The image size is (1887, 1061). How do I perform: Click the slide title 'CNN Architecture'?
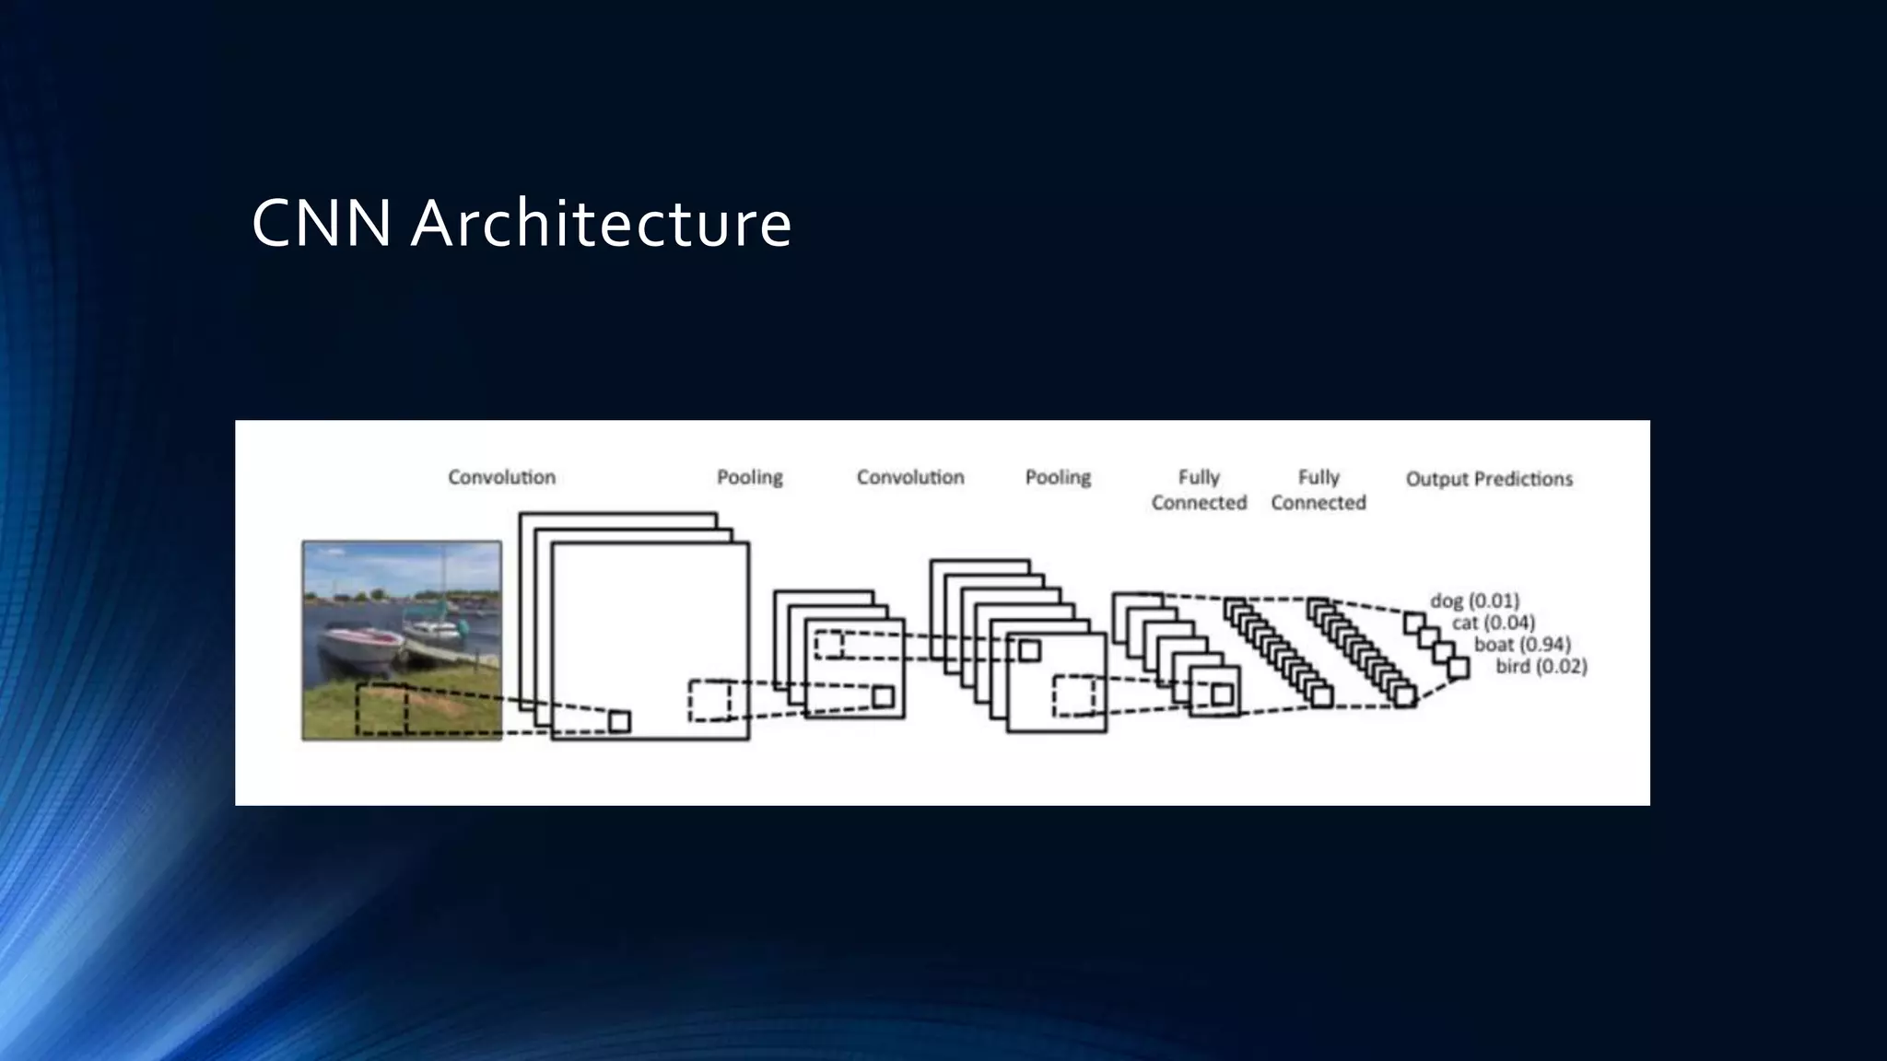point(522,223)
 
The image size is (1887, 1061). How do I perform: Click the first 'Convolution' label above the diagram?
point(502,477)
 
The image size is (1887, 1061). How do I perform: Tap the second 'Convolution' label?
point(910,477)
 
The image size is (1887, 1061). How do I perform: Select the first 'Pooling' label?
point(750,477)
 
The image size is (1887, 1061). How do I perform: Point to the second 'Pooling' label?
point(1058,477)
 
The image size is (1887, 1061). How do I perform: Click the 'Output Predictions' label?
point(1489,479)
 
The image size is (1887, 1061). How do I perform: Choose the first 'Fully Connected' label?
point(1199,490)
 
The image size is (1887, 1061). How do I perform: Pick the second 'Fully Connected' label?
point(1319,490)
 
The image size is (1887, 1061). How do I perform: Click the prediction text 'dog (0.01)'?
point(1474,600)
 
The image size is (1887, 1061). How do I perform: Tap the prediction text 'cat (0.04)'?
point(1494,623)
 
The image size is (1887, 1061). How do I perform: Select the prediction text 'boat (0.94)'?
point(1522,645)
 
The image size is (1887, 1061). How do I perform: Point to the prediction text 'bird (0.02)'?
point(1541,666)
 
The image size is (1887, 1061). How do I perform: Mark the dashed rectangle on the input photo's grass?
point(381,709)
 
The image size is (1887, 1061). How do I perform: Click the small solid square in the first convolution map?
point(620,721)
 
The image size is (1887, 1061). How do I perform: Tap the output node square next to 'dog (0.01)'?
point(1414,623)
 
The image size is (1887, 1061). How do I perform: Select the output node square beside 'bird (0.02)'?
point(1458,667)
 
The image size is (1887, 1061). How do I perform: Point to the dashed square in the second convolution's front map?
point(1074,695)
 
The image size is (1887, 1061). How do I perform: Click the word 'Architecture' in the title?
point(601,223)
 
